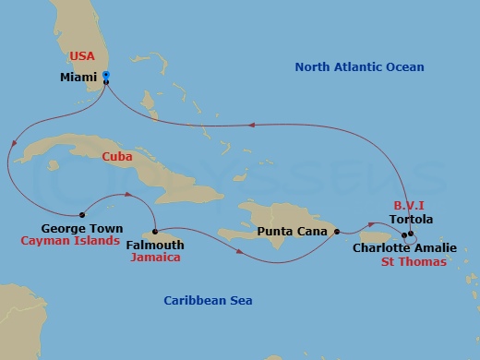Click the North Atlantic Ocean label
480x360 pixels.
pyautogui.click(x=359, y=66)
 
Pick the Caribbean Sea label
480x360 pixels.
pyautogui.click(x=208, y=300)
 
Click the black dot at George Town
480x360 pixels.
pyautogui.click(x=82, y=210)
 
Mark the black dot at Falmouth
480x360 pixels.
pyautogui.click(x=154, y=231)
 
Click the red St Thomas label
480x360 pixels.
pyautogui.click(x=414, y=262)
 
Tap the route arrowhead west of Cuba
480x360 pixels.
pyautogui.click(x=14, y=144)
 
